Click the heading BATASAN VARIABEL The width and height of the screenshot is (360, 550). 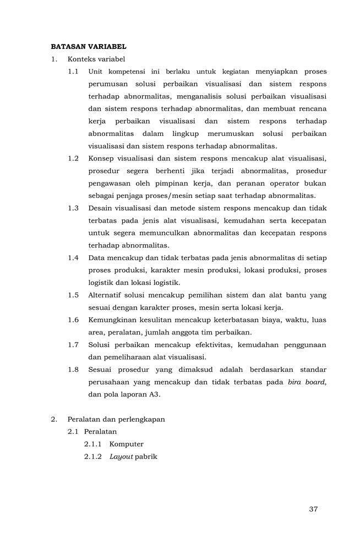coord(89,47)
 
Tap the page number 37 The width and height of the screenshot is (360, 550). coord(313,509)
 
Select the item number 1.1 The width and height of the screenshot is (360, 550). coord(73,71)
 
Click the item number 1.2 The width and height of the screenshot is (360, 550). coord(73,158)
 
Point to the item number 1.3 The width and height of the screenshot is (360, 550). coord(73,208)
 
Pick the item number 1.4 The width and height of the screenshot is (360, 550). coord(73,258)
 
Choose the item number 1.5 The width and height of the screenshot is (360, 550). coord(73,295)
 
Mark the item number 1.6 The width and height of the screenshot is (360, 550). coord(73,320)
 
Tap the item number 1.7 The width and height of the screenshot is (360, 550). coord(73,345)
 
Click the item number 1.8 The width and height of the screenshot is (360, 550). coord(73,370)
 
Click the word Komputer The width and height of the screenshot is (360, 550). coord(127,444)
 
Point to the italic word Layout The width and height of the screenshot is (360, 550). coord(121,457)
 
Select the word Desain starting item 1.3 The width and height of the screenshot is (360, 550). coord(101,208)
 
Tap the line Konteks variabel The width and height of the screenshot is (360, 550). coord(96,59)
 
